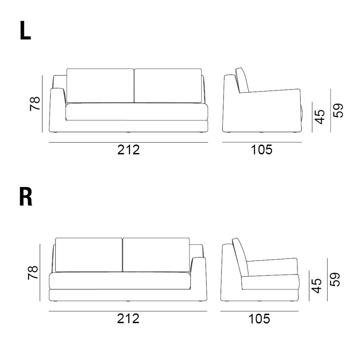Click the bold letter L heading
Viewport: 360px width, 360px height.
(25, 31)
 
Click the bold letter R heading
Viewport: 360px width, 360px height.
(26, 197)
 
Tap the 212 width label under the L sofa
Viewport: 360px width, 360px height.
(128, 150)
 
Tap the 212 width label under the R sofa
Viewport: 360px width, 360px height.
(128, 319)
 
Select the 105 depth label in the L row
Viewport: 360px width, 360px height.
(261, 150)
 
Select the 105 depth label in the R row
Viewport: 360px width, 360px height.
(259, 319)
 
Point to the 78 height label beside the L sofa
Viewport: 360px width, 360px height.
(35, 104)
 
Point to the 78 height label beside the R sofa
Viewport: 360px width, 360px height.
(33, 273)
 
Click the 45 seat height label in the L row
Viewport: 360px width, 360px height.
(319, 117)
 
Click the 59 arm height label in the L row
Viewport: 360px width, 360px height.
(338, 111)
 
